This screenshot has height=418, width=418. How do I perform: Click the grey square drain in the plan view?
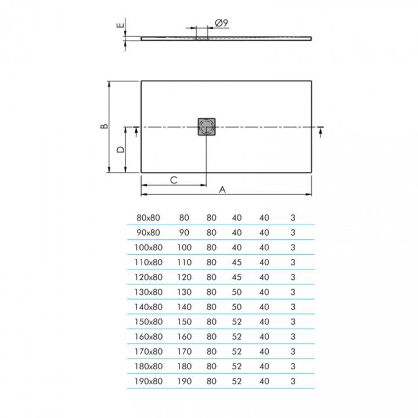point(206,127)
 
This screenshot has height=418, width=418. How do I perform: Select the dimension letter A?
point(222,189)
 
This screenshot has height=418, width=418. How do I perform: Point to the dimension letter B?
point(102,126)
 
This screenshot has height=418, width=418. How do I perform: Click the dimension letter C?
point(173,180)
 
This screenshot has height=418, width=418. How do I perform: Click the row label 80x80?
point(148,218)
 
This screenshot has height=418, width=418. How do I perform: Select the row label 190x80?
point(148,381)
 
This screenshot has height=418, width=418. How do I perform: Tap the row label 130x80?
point(148,292)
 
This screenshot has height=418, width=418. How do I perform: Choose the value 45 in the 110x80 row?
point(237,262)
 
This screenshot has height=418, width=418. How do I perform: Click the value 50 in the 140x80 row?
point(237,307)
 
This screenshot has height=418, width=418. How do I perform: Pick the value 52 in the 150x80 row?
point(237,322)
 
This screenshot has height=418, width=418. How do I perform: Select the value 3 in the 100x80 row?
point(293,247)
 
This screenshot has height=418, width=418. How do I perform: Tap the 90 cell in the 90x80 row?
point(184,233)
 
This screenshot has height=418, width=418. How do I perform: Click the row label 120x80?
point(148,278)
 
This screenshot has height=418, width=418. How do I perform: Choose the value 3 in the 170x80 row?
point(293,352)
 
